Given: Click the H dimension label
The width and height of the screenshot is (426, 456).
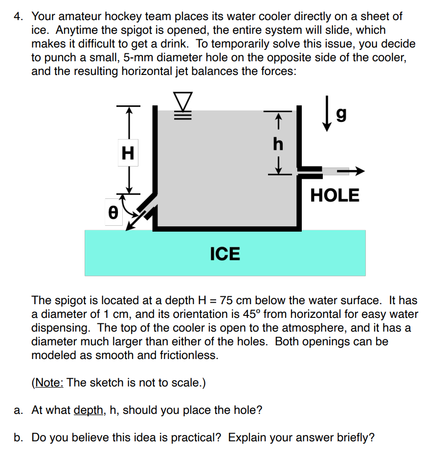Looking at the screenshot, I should [x=128, y=153].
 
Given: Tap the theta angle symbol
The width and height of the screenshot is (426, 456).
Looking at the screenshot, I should [x=112, y=213].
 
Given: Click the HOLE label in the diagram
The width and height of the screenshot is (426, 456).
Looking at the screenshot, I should [x=335, y=195].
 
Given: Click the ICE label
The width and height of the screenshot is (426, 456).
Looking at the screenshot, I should [x=225, y=254].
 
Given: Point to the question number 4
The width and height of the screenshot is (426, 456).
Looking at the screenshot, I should [x=18, y=16].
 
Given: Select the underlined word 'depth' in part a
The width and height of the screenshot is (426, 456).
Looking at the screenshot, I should [x=89, y=410].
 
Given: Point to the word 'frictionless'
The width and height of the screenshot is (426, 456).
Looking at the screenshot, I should [x=187, y=355].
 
